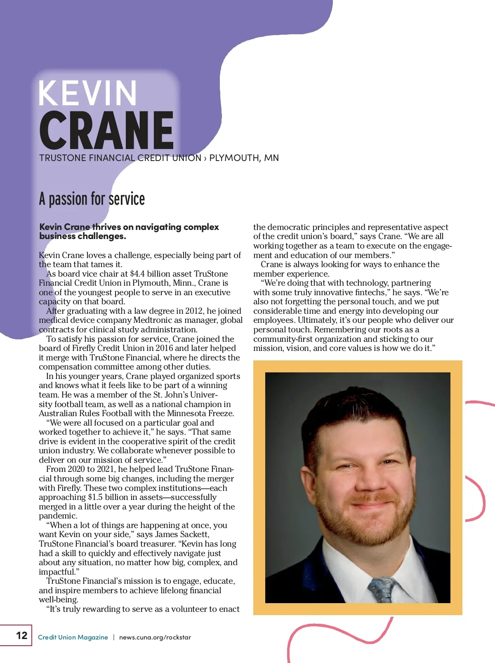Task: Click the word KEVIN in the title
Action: point(87,93)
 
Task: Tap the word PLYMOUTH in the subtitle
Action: point(234,158)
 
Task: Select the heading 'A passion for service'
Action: point(92,199)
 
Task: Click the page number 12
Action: point(21,635)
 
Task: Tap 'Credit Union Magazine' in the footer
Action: point(73,637)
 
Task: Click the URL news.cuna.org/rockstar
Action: point(155,637)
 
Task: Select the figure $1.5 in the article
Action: point(95,497)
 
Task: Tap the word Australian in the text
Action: point(58,414)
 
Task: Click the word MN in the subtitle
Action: point(271,158)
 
